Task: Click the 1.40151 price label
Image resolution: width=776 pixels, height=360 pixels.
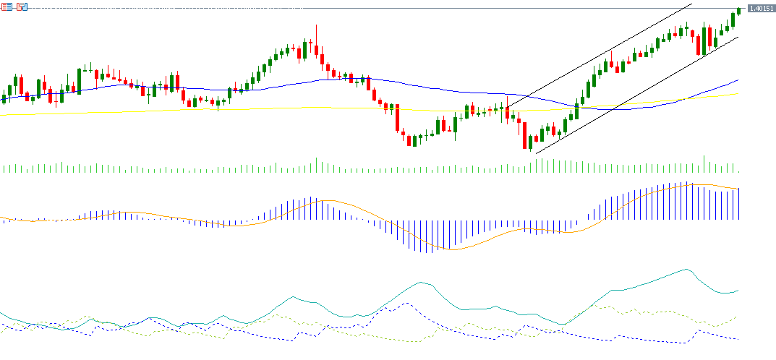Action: tap(760, 8)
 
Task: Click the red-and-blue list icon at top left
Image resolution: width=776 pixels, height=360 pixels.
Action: tap(7, 7)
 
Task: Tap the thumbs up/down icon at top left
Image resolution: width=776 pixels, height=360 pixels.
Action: tap(22, 7)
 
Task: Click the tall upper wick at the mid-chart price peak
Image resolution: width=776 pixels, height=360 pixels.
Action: tap(316, 33)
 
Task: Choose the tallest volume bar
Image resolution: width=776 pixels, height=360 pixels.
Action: tap(704, 163)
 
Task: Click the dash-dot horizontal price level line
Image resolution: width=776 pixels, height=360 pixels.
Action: tap(362, 8)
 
